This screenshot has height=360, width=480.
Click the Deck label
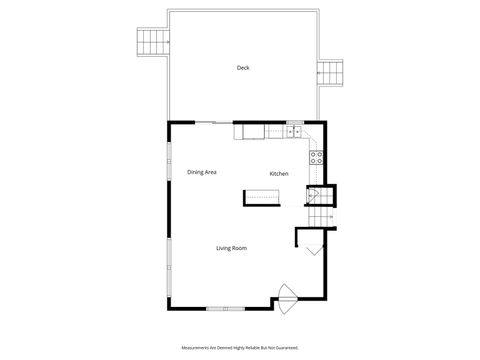point(242,68)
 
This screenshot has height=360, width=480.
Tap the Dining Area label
point(202,172)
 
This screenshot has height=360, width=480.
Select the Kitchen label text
point(279,174)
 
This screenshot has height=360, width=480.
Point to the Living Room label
point(231,248)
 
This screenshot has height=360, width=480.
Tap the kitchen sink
point(295,131)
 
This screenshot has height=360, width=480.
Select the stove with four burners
point(318,155)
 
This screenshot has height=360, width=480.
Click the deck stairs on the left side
point(151,43)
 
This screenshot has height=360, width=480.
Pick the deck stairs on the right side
point(331,73)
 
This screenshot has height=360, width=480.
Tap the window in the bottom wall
point(226,307)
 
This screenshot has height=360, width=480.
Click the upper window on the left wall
point(168,160)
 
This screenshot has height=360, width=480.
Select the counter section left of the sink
point(249,131)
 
